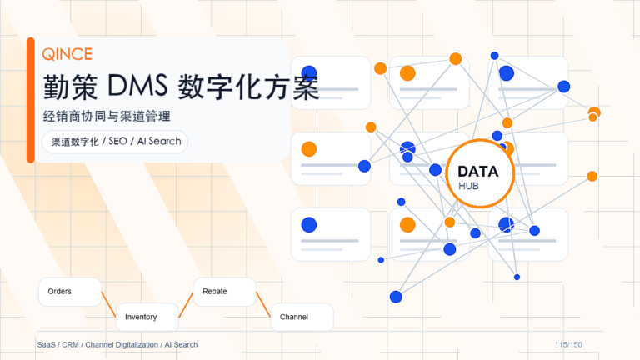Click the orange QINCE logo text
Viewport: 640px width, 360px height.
(x=67, y=54)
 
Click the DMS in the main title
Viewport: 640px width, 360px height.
(x=137, y=86)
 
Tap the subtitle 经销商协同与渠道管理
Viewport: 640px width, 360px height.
(x=107, y=117)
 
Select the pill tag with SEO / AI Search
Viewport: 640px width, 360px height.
(x=115, y=142)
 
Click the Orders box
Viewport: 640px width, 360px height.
(x=70, y=292)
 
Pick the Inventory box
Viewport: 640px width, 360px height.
(x=147, y=317)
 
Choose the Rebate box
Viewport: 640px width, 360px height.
(x=224, y=292)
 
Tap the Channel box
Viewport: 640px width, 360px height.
(x=302, y=317)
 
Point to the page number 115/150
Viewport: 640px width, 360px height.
(x=568, y=344)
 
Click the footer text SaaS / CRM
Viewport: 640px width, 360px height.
(x=58, y=344)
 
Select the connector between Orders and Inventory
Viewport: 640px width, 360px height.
(x=108, y=304)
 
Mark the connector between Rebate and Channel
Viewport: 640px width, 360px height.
(x=263, y=304)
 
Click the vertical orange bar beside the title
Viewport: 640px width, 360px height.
(x=31, y=100)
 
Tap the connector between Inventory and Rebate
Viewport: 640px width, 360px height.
(x=186, y=304)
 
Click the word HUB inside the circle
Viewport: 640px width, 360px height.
(x=468, y=186)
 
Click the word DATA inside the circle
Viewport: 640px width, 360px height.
(x=478, y=172)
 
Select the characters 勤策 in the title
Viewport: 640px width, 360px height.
(x=71, y=87)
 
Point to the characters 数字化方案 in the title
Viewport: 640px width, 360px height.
(x=248, y=87)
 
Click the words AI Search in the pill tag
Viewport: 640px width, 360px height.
(x=159, y=141)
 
